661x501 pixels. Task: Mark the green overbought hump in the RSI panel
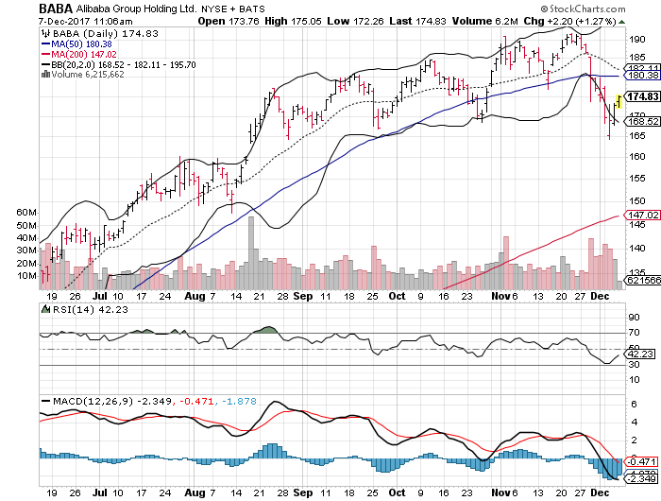(x=266, y=330)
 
